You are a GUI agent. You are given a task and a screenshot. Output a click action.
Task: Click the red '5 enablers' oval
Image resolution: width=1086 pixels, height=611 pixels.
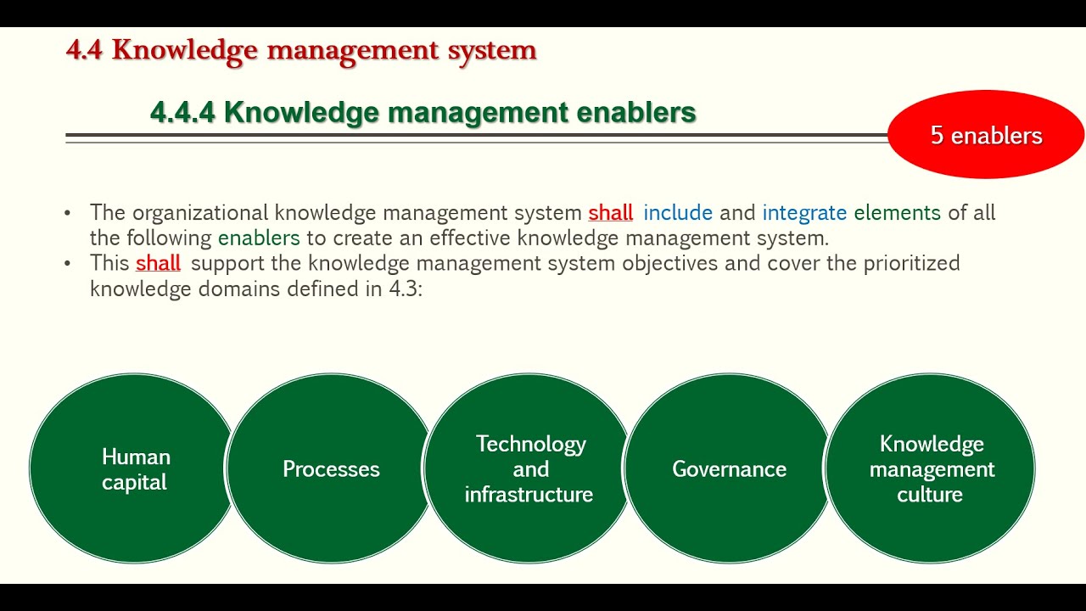[986, 135]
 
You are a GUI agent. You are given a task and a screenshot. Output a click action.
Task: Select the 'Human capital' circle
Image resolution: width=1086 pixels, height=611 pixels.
[134, 469]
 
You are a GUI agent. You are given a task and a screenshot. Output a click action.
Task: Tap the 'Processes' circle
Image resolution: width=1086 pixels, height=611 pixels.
[331, 469]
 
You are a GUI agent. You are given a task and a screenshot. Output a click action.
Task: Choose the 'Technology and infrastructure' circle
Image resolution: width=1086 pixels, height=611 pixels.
[529, 469]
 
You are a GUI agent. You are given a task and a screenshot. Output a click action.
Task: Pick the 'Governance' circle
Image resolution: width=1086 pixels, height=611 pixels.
[729, 469]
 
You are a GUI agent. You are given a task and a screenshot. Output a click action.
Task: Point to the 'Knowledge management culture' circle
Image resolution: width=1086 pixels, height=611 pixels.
[931, 469]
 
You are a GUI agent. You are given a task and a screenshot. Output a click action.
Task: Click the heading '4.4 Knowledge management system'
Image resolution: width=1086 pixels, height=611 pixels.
[301, 50]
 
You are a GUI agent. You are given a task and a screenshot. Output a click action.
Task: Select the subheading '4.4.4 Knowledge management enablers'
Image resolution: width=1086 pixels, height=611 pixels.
[423, 112]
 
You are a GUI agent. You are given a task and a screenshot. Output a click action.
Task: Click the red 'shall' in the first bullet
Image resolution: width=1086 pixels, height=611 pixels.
[611, 212]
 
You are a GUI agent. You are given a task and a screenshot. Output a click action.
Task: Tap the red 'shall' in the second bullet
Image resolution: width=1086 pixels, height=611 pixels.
[159, 263]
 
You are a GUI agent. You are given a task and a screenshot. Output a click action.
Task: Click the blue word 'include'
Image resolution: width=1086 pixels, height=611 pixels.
[678, 212]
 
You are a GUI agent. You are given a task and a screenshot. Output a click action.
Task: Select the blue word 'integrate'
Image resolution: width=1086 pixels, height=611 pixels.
[804, 213]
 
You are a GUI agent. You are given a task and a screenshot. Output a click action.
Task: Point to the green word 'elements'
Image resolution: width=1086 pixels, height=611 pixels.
[897, 212]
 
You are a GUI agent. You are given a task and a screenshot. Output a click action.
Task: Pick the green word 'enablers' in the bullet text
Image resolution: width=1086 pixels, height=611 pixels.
[259, 238]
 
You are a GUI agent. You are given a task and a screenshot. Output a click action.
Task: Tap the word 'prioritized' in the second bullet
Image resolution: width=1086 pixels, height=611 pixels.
[911, 263]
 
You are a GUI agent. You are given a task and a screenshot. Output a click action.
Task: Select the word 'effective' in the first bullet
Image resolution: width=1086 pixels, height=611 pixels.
[471, 238]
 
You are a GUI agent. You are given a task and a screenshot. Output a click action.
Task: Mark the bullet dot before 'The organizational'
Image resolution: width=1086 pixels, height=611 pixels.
[68, 213]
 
